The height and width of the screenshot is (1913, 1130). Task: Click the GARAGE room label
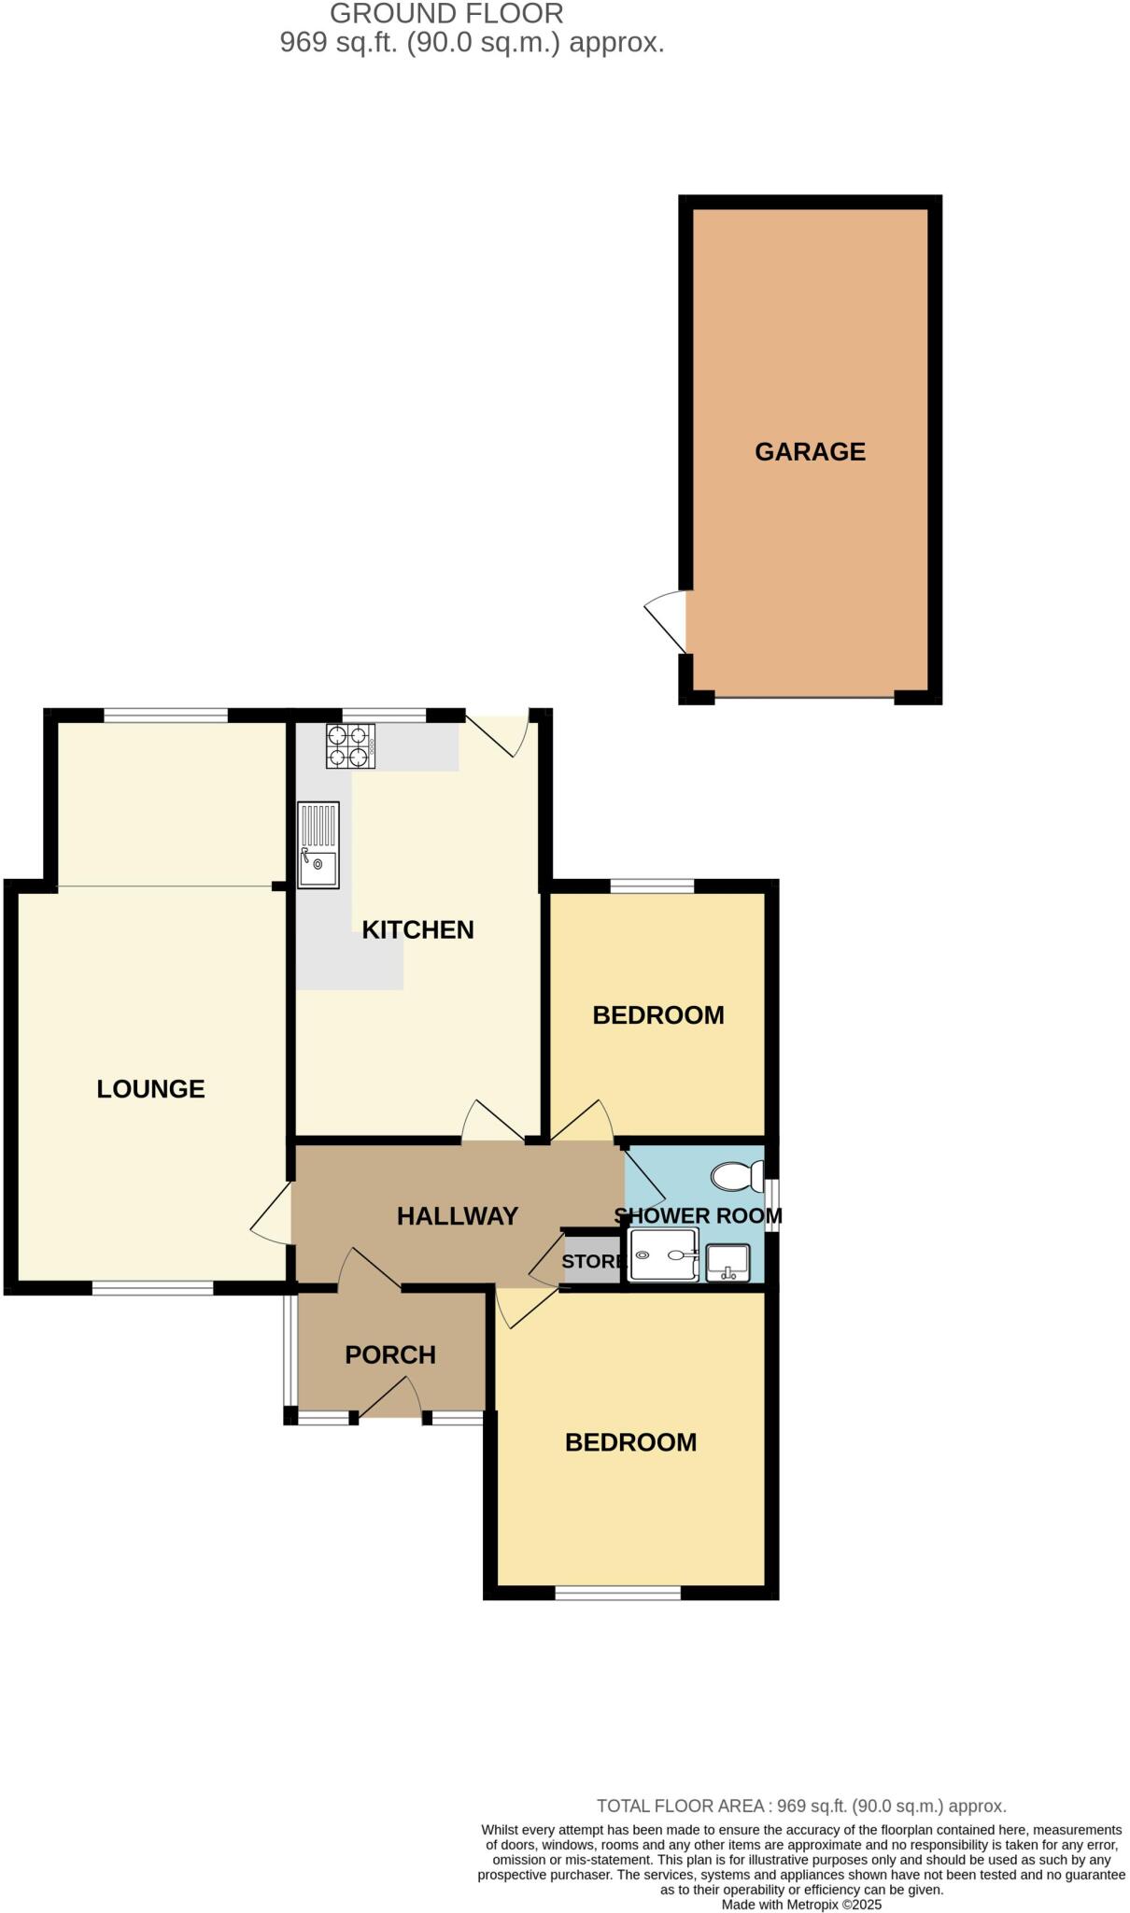810,452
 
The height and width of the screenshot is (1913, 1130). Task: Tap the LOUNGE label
150,1088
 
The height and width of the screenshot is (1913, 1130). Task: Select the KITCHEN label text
417,929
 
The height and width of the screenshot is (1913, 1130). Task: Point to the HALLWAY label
457,1215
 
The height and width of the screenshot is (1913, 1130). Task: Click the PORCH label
390,1354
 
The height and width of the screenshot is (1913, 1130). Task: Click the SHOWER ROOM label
698,1215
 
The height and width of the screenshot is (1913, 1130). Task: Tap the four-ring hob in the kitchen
350,746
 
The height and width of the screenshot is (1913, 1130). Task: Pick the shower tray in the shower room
664,1255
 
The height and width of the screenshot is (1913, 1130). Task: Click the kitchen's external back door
500,733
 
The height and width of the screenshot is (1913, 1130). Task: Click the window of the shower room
771,1207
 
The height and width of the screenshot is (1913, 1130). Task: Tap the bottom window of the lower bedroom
617,1593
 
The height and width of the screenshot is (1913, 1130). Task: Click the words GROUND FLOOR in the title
446,14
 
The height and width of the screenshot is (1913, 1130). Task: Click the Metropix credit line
801,1905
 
